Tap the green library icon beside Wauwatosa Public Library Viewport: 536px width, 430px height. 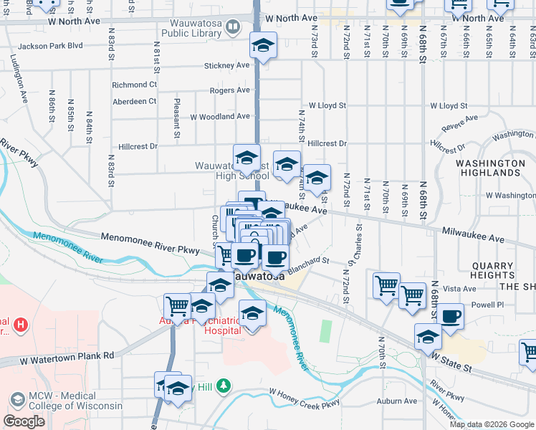233,28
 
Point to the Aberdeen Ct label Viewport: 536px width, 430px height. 134,101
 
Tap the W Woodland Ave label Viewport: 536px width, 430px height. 220,116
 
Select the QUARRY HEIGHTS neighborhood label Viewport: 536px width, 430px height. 492,271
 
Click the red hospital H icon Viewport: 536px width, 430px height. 21,325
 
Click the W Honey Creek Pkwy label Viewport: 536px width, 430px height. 304,400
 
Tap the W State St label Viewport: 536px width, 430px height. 450,360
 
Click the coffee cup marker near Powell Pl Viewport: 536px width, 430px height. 450,316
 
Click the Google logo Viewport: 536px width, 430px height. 24,421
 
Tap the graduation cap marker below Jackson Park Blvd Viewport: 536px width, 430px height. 263,46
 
